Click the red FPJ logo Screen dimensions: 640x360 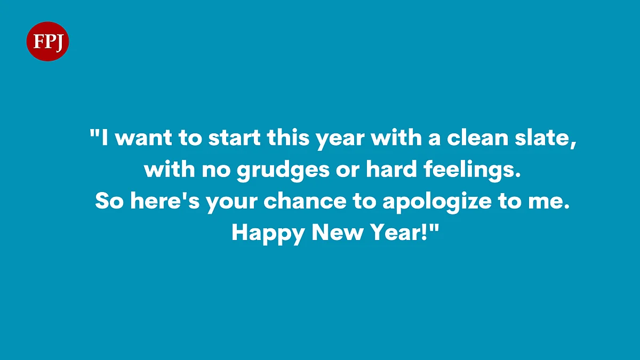coord(47,42)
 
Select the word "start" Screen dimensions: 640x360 coord(234,138)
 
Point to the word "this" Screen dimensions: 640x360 coord(289,138)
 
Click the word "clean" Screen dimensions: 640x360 coord(478,138)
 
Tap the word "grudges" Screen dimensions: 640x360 coord(283,170)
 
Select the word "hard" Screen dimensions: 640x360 coord(391,169)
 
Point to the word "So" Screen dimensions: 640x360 coord(109,201)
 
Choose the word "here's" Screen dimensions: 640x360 coord(165,201)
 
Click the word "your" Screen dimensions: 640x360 coord(231,203)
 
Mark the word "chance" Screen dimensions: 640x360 coord(305,201)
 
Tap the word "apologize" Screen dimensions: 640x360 coord(437,202)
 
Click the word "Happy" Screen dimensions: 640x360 coord(268,234)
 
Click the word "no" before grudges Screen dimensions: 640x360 coord(216,171)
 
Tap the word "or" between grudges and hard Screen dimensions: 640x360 coord(347,171)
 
